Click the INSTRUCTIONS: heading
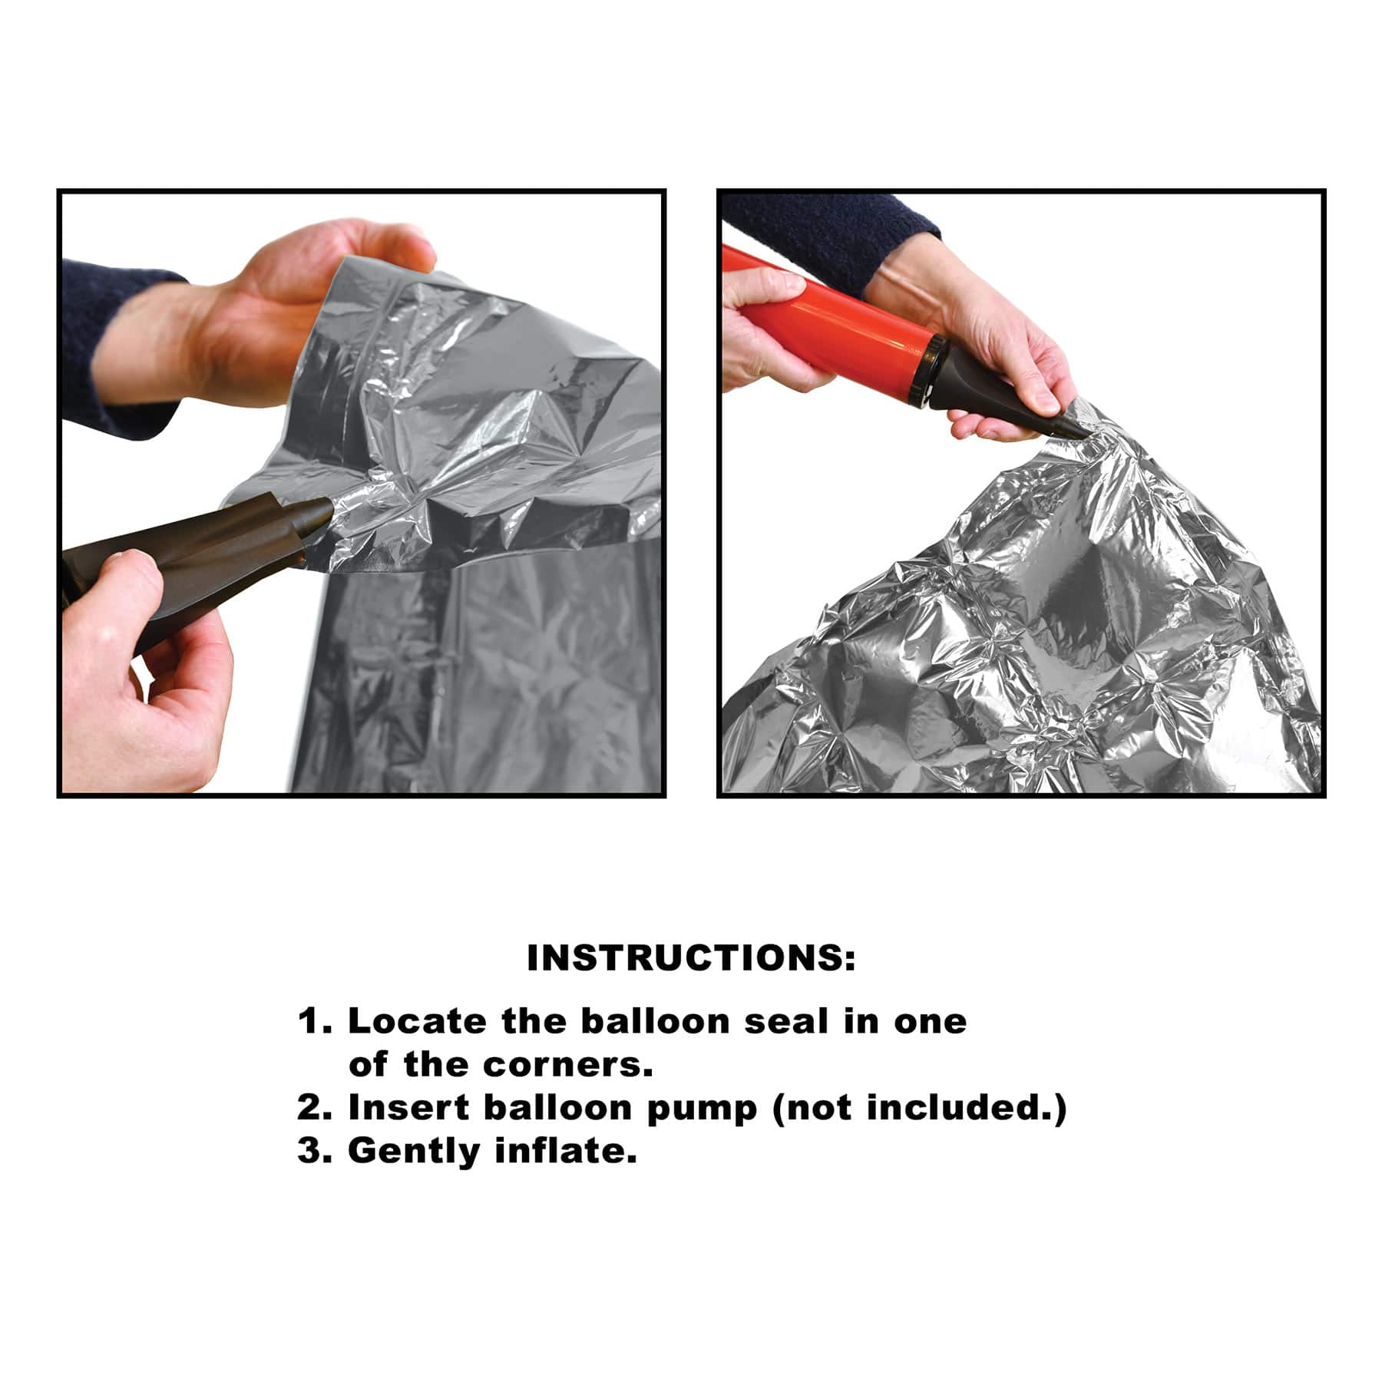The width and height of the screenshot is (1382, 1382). coord(691,958)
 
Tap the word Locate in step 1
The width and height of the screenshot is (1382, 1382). coord(417,1021)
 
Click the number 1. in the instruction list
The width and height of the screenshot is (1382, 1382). coord(316,1021)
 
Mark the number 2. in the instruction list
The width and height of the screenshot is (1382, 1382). coord(316,1107)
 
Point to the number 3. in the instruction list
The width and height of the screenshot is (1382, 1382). coord(316,1151)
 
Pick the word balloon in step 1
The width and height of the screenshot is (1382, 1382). coord(656,1021)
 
